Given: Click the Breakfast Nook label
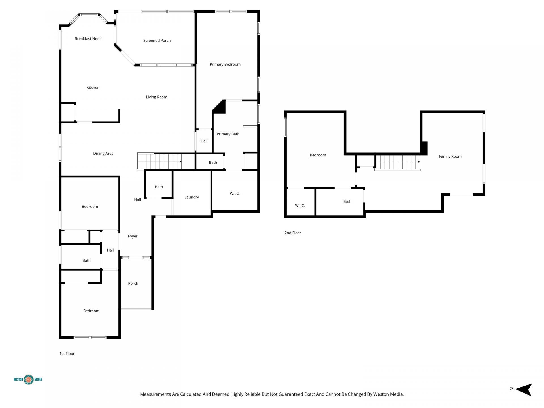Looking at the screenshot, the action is (88, 39).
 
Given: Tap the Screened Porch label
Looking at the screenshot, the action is (157, 41).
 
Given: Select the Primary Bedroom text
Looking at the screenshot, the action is (225, 65).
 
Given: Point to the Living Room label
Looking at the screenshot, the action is (156, 97).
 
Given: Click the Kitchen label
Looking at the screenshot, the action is (93, 88).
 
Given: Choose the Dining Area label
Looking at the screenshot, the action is (103, 154).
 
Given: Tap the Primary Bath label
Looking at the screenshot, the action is (228, 134).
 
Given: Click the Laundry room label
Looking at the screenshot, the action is (192, 197).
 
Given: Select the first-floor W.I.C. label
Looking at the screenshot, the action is (235, 194).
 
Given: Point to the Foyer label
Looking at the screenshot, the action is (133, 236).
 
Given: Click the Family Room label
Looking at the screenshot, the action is (450, 156).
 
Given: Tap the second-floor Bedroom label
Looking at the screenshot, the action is (318, 155).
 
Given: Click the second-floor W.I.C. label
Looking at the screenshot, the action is (300, 206).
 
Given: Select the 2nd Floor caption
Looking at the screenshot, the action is (293, 233).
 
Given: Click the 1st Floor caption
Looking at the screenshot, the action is (67, 354).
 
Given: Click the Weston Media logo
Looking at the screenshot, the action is (28, 379).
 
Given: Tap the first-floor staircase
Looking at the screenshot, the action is (160, 161).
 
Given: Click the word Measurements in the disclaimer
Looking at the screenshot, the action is (155, 394).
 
